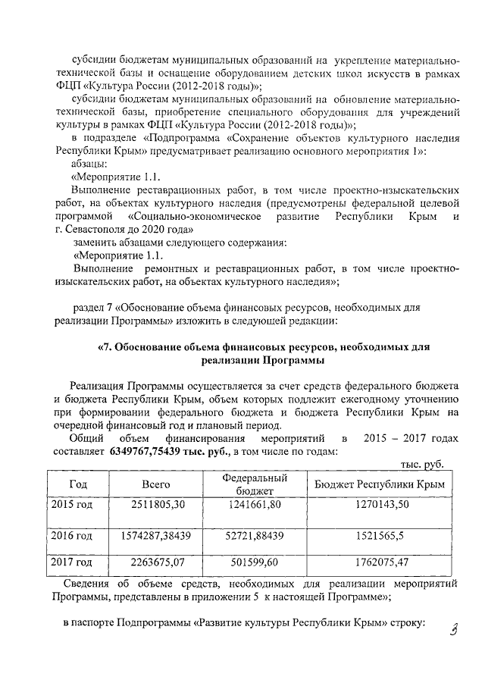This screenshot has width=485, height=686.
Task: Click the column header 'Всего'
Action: (156, 484)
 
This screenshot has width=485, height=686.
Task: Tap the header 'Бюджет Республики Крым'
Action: (380, 484)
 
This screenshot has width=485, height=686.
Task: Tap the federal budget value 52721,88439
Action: (254, 535)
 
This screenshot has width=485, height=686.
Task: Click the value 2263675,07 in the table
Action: (156, 562)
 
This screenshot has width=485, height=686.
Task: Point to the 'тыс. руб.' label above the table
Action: (421, 465)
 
